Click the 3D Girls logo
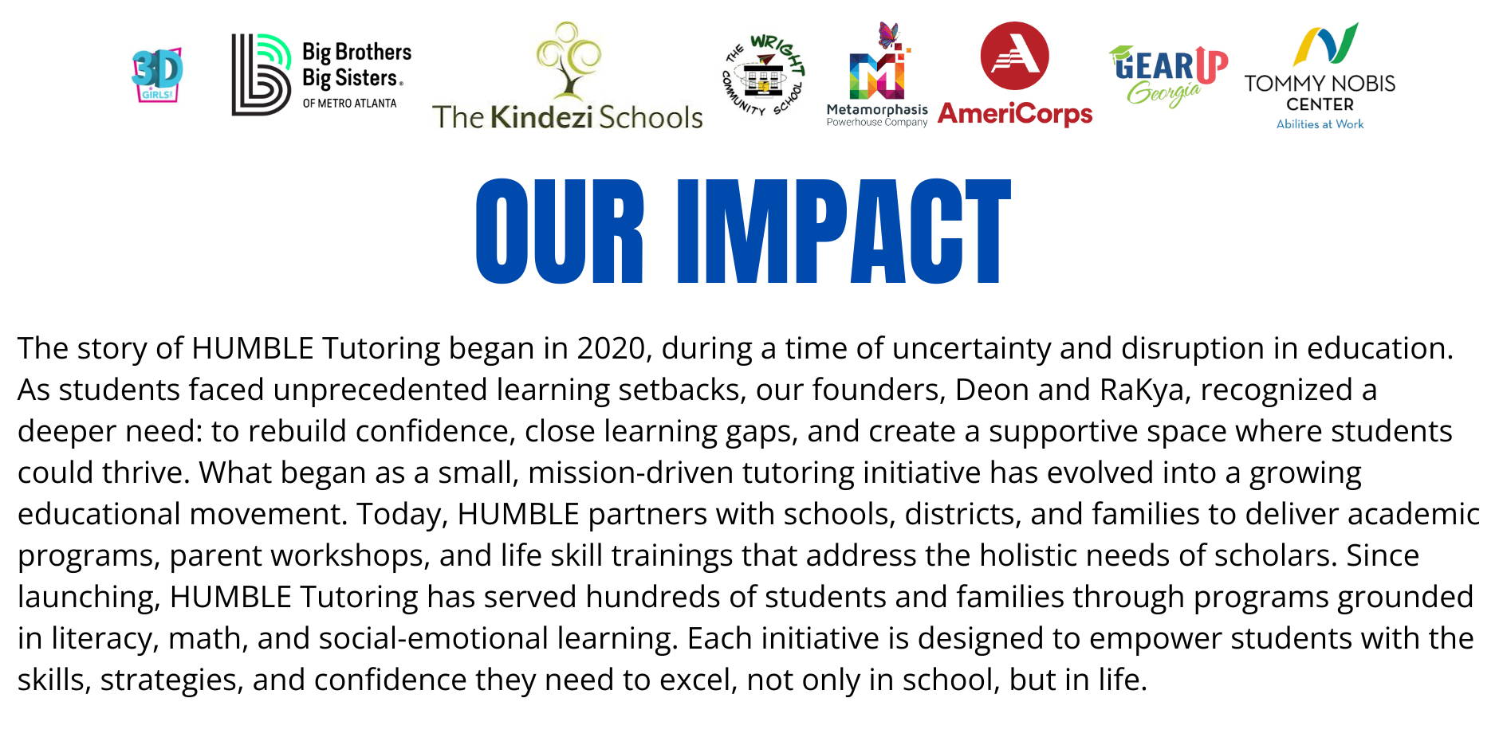coord(157,75)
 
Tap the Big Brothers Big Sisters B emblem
coord(261,75)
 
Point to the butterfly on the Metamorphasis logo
coord(888,34)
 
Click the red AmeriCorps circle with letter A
coord(1014,56)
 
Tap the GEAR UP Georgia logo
coord(1168,76)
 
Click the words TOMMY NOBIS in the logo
coord(1320,83)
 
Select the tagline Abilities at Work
coord(1320,124)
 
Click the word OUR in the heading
coord(560,231)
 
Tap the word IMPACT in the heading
coord(844,231)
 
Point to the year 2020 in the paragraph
coord(611,348)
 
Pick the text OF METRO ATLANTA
coord(349,104)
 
